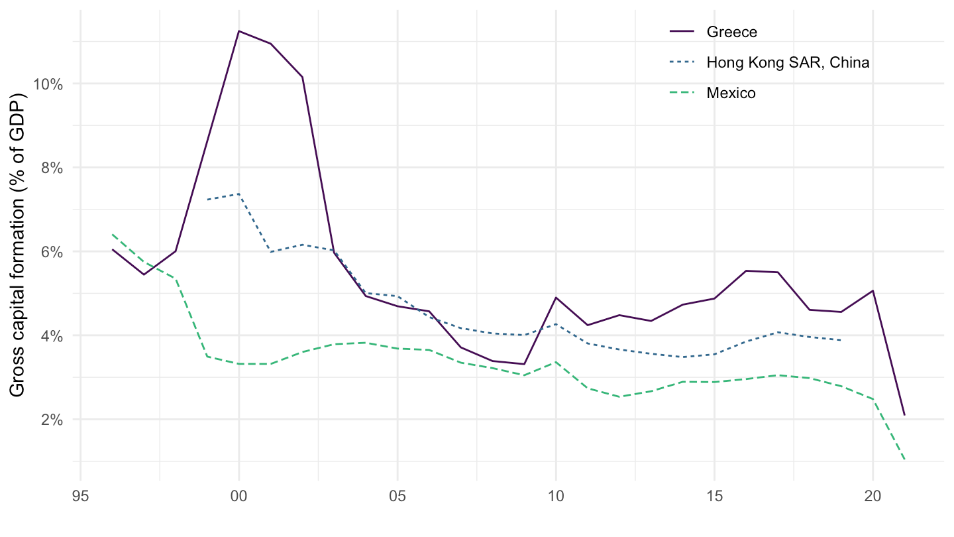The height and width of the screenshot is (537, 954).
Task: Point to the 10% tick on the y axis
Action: (x=49, y=84)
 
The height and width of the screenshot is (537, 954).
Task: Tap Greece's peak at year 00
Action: (x=239, y=31)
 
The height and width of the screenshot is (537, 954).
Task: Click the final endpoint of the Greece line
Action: (x=904, y=415)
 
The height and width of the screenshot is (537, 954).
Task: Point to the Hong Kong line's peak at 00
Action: (x=239, y=194)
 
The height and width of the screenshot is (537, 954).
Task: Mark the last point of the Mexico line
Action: (x=904, y=459)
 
